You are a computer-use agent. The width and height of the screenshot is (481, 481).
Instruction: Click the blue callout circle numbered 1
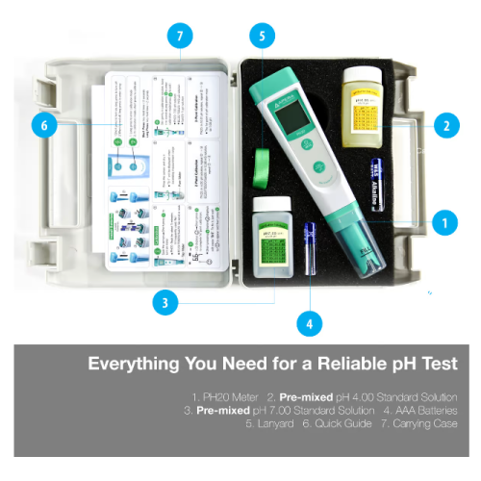(x=443, y=222)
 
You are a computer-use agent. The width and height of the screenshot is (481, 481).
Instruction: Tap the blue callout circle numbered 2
(x=443, y=124)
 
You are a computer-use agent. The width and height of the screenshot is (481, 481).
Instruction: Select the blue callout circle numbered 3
(x=166, y=302)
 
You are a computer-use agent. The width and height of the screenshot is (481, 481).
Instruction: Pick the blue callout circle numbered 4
(x=309, y=324)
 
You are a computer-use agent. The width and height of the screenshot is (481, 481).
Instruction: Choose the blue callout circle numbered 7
(x=179, y=38)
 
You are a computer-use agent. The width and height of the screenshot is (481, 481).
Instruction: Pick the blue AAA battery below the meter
(x=309, y=248)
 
